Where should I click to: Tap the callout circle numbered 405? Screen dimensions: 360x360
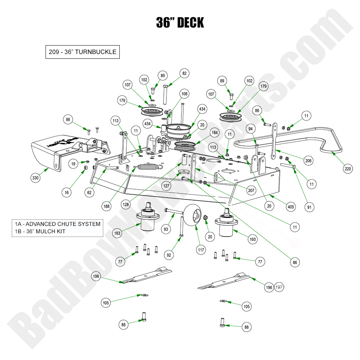pos(291,207)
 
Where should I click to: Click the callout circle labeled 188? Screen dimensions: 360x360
pos(106,206)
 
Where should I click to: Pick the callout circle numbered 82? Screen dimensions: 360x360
pos(184,73)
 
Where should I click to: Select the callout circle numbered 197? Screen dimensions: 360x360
pos(279,288)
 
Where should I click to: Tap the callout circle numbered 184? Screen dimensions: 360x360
pos(214,132)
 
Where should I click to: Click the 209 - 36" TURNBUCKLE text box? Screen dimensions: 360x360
pos(82,52)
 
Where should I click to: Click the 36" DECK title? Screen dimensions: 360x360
pos(180,23)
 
